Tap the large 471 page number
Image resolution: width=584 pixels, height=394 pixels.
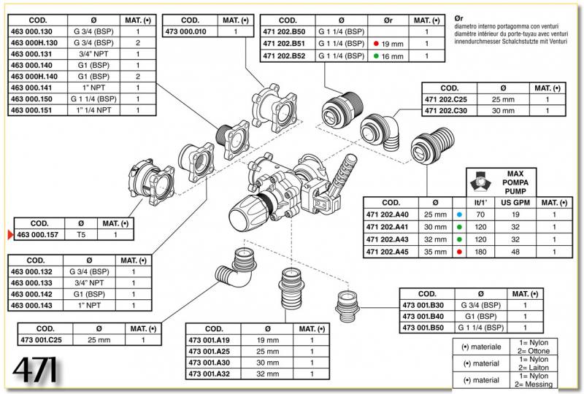click(x=35, y=371)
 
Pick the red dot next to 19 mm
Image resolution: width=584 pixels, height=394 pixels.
click(x=376, y=44)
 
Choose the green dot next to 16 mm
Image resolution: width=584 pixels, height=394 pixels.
click(x=376, y=56)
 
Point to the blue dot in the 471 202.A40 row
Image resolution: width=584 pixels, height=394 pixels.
click(x=458, y=215)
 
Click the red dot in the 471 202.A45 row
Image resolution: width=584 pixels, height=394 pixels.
click(x=458, y=252)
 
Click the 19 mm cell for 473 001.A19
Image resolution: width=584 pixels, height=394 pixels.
click(x=268, y=340)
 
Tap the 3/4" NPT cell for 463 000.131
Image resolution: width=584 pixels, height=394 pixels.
click(x=93, y=54)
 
